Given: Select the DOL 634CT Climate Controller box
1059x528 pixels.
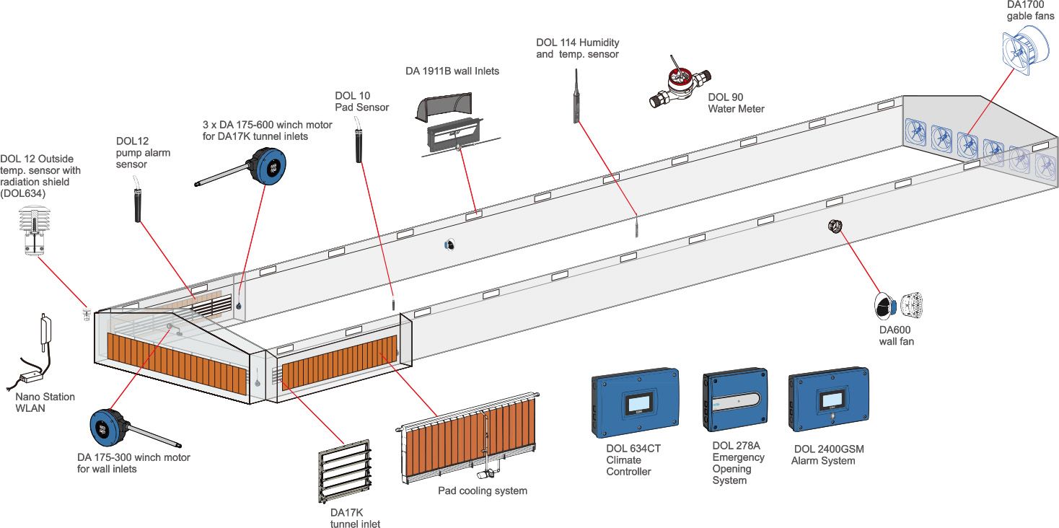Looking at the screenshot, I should (x=636, y=403).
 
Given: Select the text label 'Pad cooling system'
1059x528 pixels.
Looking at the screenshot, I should (x=483, y=491).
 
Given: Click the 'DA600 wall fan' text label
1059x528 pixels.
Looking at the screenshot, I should (x=896, y=335).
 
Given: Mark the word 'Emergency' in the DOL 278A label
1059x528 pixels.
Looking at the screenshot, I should (x=738, y=457).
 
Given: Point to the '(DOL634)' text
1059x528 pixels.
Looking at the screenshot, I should (x=24, y=193).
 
